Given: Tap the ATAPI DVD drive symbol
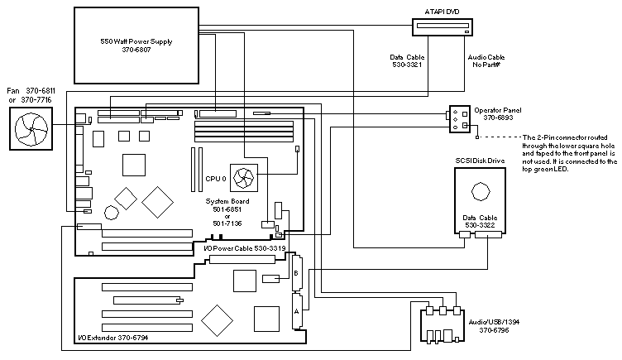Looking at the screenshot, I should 445,27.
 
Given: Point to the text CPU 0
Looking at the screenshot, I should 216,178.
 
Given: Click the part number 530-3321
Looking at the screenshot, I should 408,64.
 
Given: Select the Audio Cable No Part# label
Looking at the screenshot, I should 486,60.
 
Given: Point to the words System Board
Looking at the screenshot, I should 227,201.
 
